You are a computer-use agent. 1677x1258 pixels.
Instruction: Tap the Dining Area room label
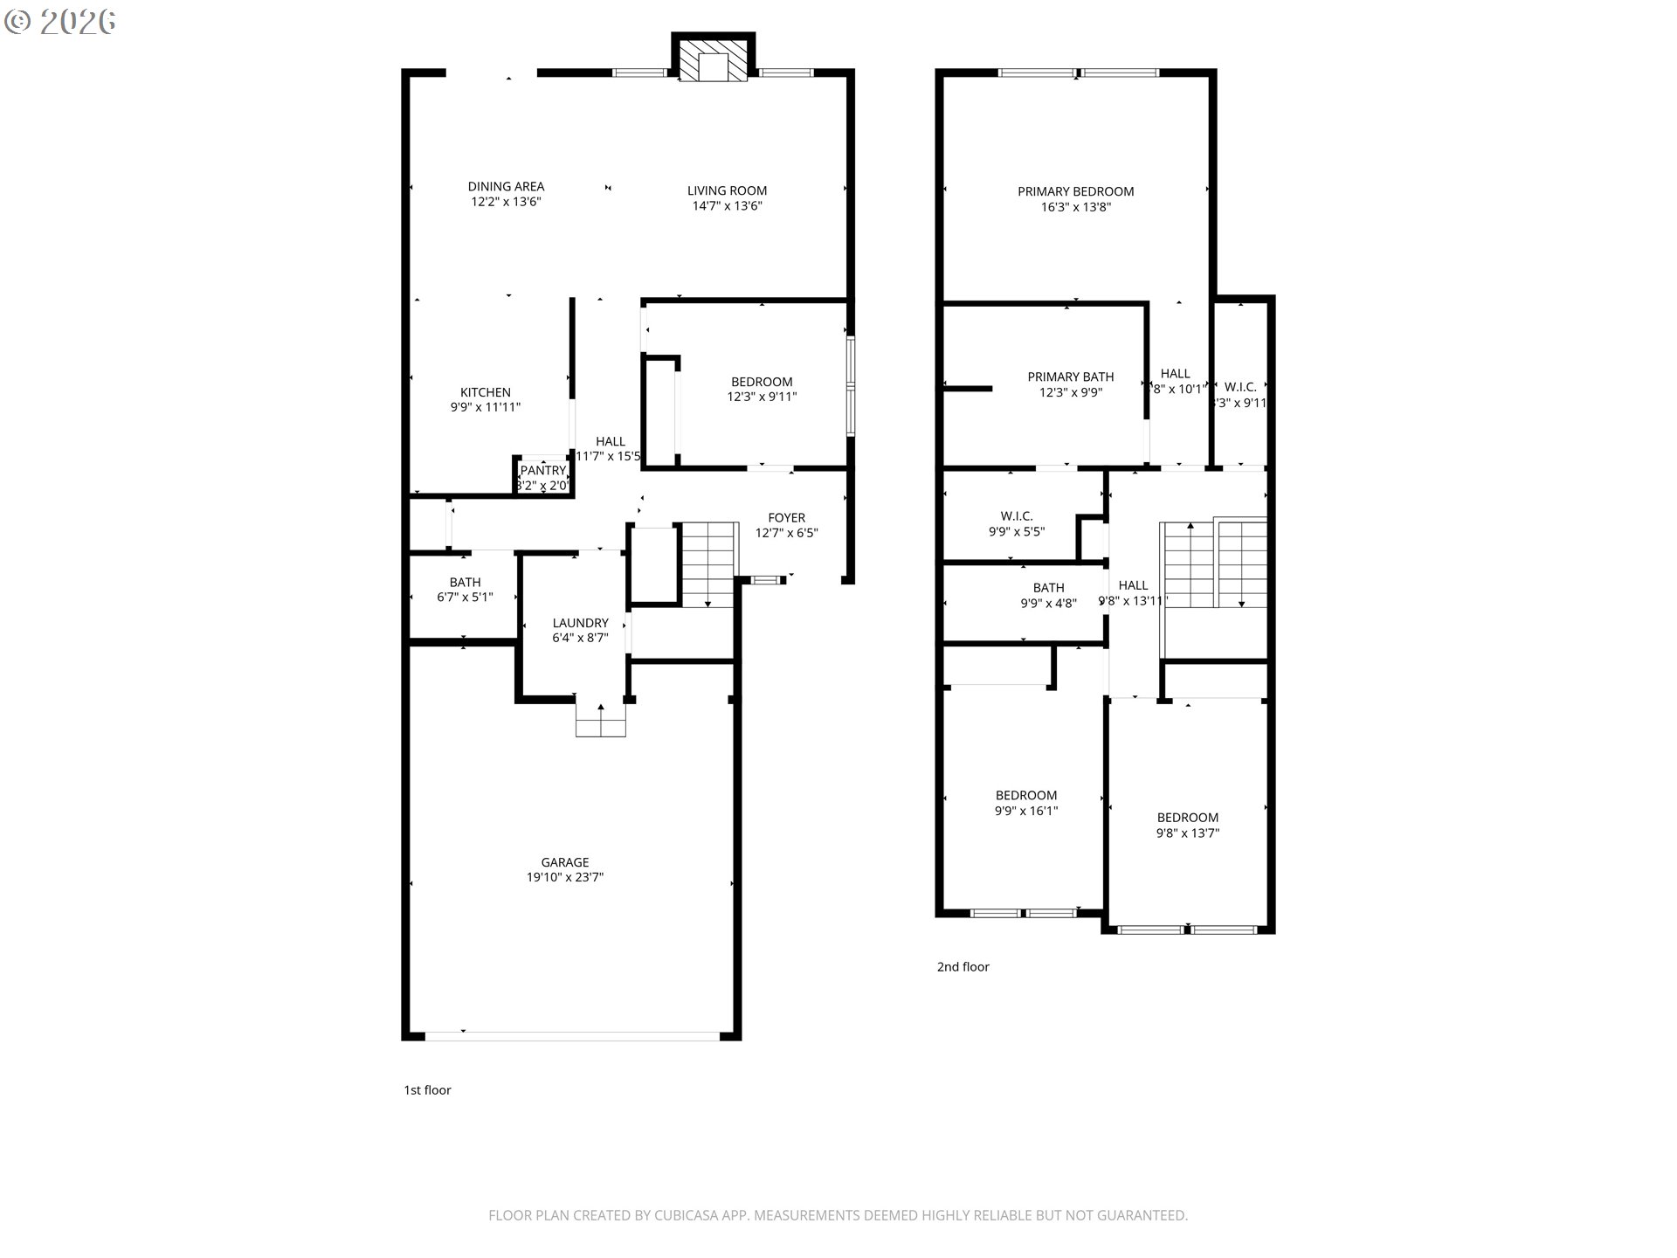click(x=506, y=186)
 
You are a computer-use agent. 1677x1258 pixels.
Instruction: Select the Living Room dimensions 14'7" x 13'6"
click(x=727, y=206)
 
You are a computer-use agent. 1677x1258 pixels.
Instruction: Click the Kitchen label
click(x=485, y=392)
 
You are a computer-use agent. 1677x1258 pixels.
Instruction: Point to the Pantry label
click(x=543, y=471)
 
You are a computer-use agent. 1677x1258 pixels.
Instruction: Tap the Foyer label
click(x=786, y=517)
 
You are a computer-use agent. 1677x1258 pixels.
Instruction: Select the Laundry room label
click(x=580, y=623)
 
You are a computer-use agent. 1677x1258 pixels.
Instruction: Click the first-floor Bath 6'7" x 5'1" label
click(x=465, y=582)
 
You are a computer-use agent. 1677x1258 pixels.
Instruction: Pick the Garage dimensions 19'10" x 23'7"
click(x=564, y=877)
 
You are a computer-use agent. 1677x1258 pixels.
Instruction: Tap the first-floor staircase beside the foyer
click(x=708, y=564)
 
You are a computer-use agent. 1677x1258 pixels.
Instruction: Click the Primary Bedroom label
click(x=1075, y=191)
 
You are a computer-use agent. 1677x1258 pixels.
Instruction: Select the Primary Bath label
click(x=1070, y=377)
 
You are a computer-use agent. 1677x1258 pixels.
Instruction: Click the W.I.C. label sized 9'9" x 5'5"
click(x=1017, y=516)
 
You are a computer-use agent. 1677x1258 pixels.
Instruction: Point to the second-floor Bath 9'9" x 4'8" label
click(x=1048, y=588)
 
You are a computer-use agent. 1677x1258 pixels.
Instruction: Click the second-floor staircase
click(x=1214, y=564)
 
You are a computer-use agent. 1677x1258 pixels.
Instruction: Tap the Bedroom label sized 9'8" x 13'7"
click(x=1187, y=818)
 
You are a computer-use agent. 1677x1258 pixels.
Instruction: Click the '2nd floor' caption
click(x=963, y=966)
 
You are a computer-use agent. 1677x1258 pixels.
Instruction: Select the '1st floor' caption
click(x=427, y=1089)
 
